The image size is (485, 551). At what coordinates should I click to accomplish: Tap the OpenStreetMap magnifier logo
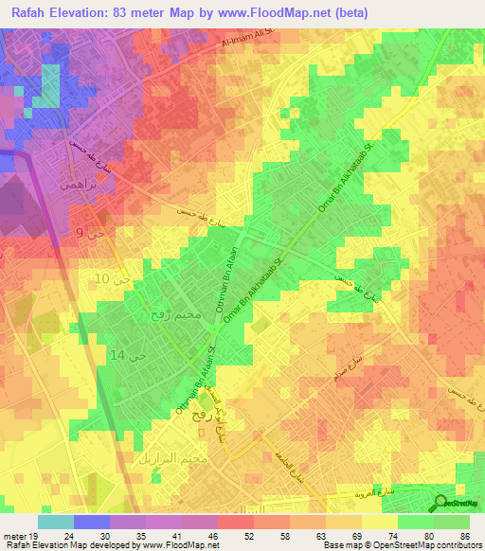[x=442, y=503]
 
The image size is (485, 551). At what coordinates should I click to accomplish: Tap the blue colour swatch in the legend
[x=92, y=522]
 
